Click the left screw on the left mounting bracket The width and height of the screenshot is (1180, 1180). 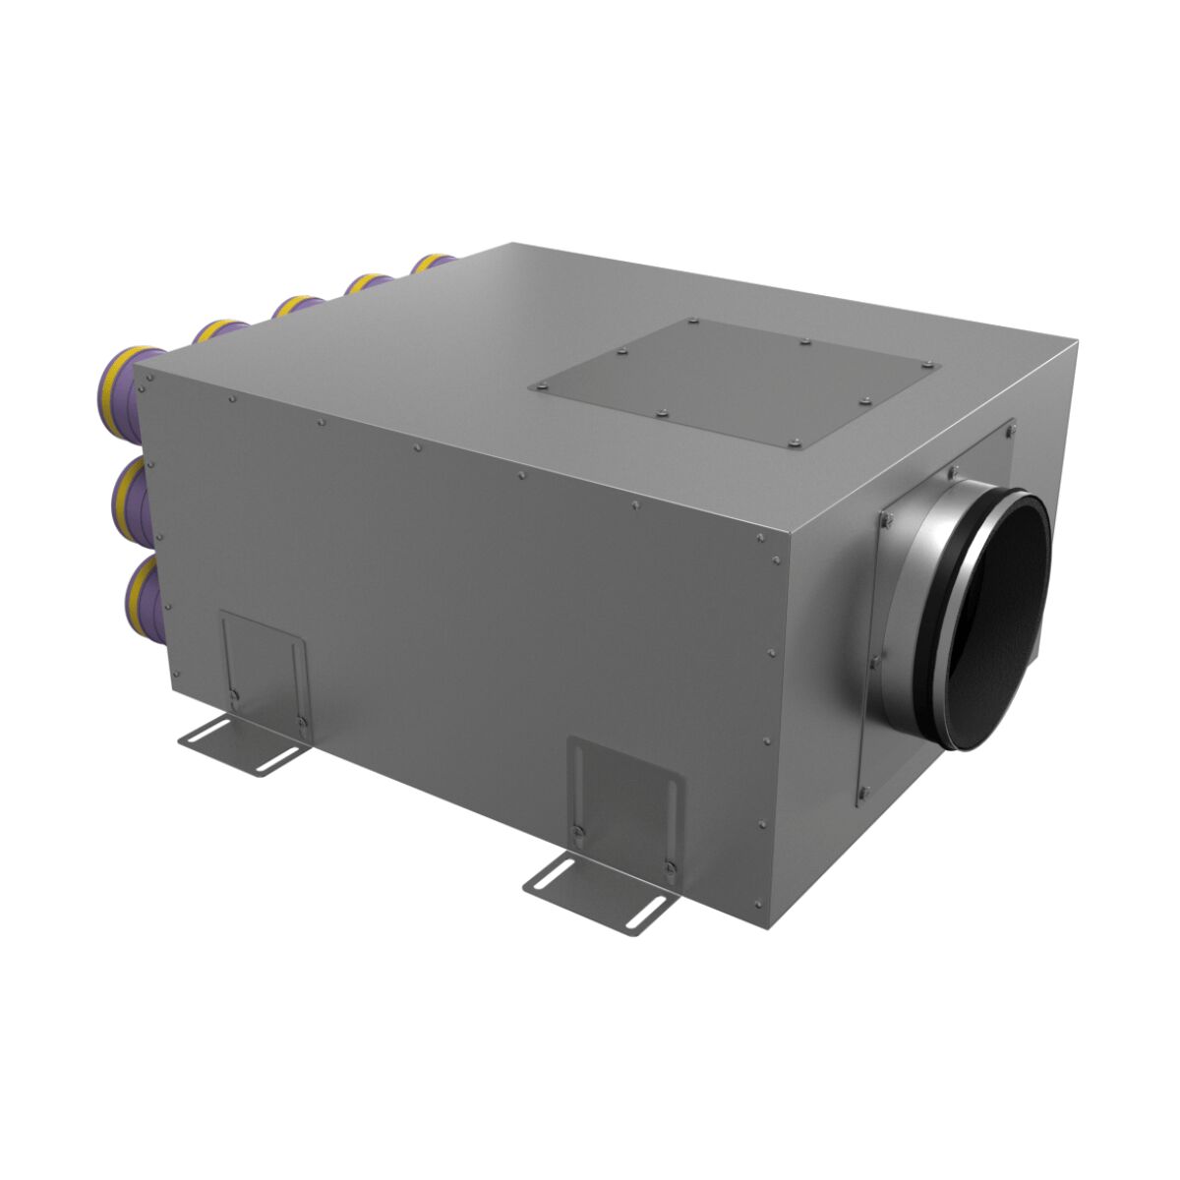point(233,696)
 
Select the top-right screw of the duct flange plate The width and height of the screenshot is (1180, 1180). point(1012,428)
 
